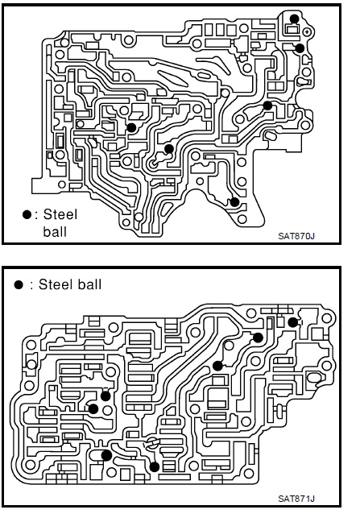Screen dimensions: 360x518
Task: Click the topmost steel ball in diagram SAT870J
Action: [x=294, y=19]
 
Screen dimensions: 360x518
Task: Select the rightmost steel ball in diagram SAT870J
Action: [x=300, y=48]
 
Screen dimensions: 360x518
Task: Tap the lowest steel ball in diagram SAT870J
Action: [x=234, y=201]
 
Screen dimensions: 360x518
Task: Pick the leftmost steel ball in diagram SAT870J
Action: [x=131, y=127]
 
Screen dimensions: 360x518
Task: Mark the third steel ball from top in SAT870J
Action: [x=267, y=106]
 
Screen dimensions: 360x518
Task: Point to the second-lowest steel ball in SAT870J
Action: [x=169, y=149]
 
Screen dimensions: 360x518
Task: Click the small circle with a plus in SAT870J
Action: [x=308, y=31]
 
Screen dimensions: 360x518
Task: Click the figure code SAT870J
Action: [x=296, y=236]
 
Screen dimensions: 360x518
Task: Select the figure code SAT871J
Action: [x=296, y=498]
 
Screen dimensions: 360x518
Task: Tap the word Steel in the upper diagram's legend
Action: [x=60, y=214]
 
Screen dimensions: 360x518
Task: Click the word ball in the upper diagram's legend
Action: [x=55, y=231]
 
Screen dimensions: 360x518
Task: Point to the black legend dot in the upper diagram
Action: [x=27, y=215]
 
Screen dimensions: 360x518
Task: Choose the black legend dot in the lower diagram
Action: [x=19, y=284]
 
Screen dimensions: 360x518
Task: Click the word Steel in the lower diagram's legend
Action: [x=55, y=284]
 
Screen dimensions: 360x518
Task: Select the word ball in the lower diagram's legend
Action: [x=89, y=284]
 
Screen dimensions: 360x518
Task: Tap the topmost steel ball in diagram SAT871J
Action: [x=293, y=322]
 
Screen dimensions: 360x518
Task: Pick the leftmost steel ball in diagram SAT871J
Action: [x=93, y=409]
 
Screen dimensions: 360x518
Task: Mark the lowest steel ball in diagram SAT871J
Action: [x=155, y=466]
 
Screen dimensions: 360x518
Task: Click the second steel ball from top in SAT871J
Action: [x=258, y=338]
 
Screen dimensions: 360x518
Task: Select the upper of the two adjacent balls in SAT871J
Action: [x=106, y=396]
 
